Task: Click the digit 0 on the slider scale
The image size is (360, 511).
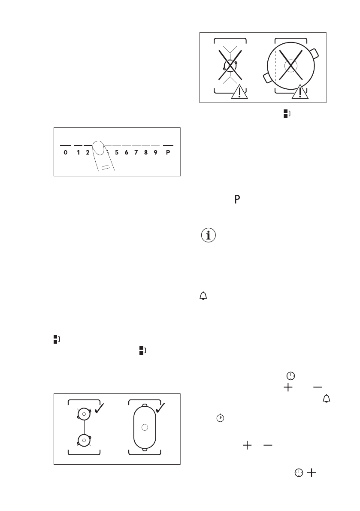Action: [65, 152]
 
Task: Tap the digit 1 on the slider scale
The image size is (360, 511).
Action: [78, 152]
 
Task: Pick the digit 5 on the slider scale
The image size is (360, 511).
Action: [117, 152]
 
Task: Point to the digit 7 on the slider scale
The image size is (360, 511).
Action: [136, 152]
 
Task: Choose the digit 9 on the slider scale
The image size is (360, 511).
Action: [155, 152]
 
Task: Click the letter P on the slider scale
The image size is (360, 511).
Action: [168, 152]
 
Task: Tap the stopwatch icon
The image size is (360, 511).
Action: [220, 417]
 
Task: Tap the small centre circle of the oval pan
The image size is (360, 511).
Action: [145, 427]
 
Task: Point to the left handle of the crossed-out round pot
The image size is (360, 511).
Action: [266, 78]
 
